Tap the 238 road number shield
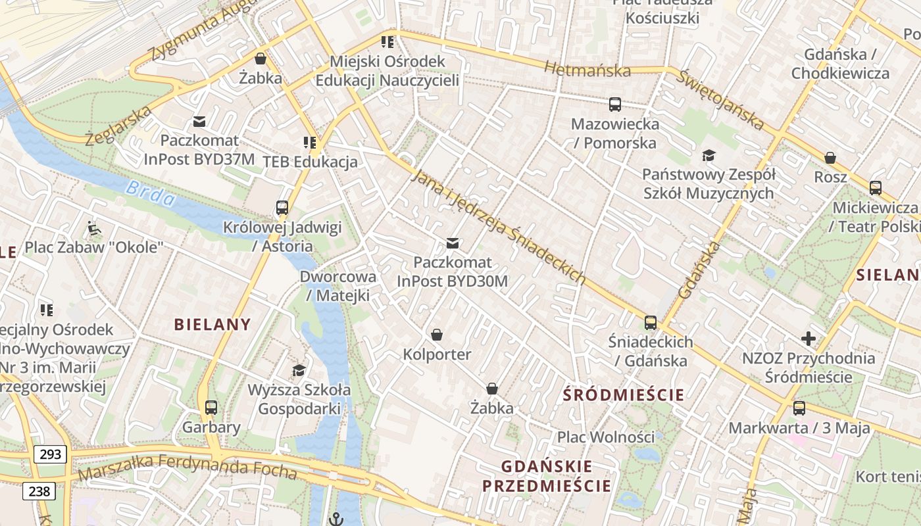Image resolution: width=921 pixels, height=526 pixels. point(39,491)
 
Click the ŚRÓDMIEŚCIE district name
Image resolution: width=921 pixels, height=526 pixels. point(624,395)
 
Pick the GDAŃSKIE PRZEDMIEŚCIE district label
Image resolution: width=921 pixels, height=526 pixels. point(547,477)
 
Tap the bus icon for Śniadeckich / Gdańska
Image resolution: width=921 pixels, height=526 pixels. point(651,323)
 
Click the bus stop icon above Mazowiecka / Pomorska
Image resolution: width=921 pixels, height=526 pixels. point(614,105)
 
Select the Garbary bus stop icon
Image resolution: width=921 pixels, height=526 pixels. point(211,408)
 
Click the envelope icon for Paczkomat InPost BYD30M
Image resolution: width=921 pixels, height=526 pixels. point(453,244)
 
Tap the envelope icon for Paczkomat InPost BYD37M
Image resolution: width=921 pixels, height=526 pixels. point(199,122)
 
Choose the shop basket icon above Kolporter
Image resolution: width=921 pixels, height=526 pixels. point(437,335)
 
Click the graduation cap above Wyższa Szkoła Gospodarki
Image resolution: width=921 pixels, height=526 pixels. point(299,370)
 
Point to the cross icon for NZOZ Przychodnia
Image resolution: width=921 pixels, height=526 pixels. point(809,339)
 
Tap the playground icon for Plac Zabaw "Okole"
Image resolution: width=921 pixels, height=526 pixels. point(94,229)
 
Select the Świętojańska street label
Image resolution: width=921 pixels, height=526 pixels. point(721,99)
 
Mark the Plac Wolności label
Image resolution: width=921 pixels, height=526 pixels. point(606,437)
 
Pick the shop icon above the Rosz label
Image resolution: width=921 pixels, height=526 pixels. point(830,158)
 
